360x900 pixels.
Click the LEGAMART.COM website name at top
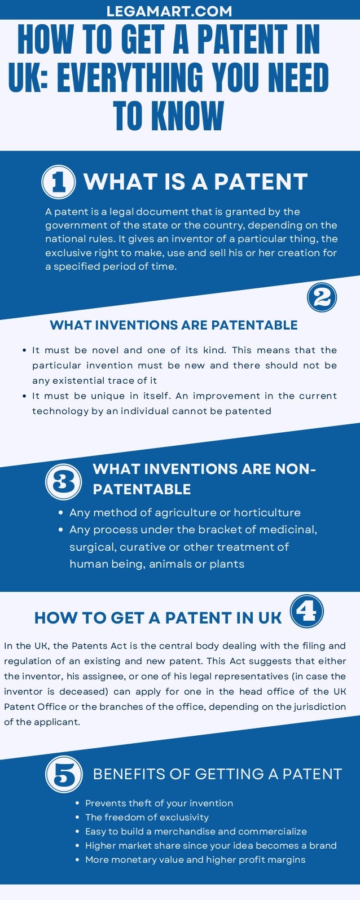click(x=169, y=11)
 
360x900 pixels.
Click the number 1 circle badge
click(x=58, y=182)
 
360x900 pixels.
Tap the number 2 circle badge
click(x=322, y=297)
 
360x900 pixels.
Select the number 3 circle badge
click(x=63, y=482)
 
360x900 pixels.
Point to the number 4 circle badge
click(x=306, y=611)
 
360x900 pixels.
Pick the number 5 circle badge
click(x=64, y=774)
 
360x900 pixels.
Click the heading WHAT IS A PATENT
click(x=195, y=182)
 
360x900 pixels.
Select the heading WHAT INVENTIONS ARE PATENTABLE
click(x=174, y=325)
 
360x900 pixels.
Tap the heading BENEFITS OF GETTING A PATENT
click(x=217, y=774)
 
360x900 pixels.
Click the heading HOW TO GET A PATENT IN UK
click(x=158, y=618)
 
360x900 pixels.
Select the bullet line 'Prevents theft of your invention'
click(x=159, y=803)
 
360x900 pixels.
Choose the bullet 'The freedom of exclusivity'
click(x=147, y=817)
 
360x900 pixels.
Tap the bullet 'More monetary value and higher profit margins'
click(x=195, y=859)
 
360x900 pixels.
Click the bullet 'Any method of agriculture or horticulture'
click(x=185, y=512)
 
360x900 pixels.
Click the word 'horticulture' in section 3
click(x=267, y=512)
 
